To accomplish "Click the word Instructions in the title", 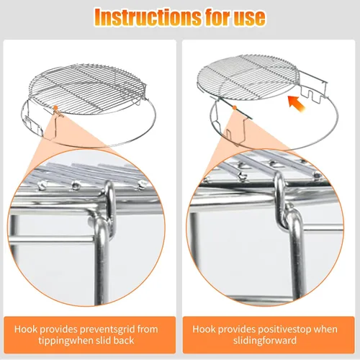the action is click(148, 17).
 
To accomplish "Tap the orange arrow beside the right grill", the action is click(297, 103).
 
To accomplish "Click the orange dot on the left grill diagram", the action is click(55, 108).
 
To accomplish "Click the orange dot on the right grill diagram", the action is click(235, 108).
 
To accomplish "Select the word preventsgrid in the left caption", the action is click(107, 329).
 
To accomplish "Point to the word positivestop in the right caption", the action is click(287, 329).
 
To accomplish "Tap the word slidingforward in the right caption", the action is click(265, 341).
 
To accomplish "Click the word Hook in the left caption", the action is click(26, 329).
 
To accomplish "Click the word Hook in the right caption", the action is click(204, 329).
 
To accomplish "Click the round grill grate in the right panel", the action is click(248, 78).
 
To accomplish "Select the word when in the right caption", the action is click(328, 329).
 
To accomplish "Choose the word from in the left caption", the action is click(148, 329).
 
